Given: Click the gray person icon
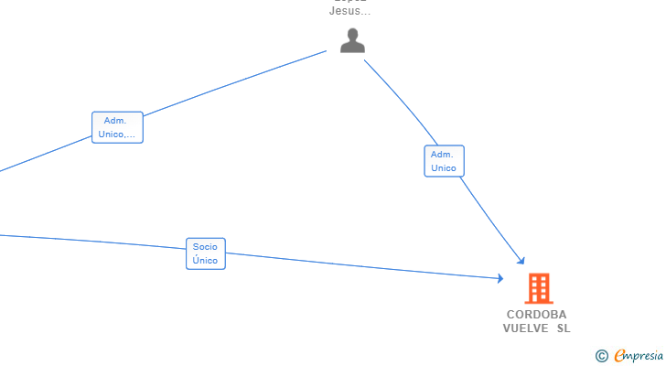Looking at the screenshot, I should coord(352,40).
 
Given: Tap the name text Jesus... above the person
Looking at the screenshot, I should coord(349,12).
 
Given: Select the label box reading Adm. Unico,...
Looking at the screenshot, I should coord(117,127).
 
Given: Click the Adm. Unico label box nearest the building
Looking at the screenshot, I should coord(444,161).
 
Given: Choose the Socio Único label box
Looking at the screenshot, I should coord(205,253).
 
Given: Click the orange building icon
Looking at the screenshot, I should coord(538,288).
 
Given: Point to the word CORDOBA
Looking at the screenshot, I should coord(536,314).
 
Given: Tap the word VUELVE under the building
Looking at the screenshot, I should coord(524,328).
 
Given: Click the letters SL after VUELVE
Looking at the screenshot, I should coord(562,328).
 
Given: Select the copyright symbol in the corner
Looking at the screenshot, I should coord(601,356).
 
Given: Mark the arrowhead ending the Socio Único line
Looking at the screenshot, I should coord(500,278).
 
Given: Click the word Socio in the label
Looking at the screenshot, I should coord(205,247).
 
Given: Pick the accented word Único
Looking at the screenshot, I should coord(205,261).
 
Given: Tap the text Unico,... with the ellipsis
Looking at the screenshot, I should coord(117,135).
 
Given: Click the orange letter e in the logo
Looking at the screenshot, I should coord(620,356).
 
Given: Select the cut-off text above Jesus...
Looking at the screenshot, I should coord(349,2).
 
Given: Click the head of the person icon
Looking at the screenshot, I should coord(352,34).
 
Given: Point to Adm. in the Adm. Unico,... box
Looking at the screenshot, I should coord(115,121).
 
